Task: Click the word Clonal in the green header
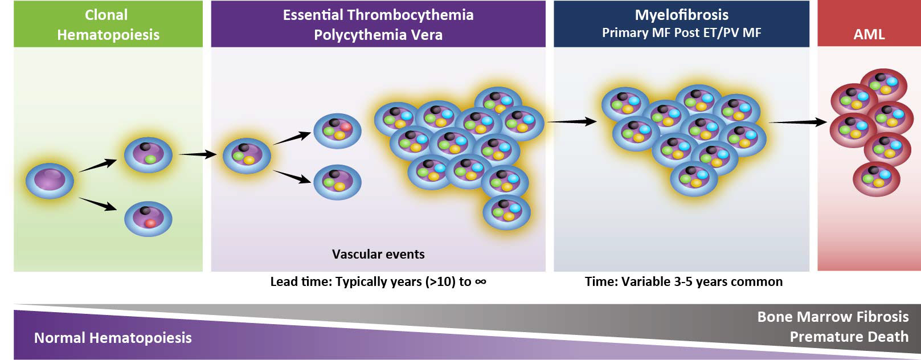[x=106, y=15]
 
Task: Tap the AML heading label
[x=869, y=34]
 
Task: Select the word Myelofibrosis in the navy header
[x=681, y=15]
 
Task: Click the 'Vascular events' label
[x=378, y=254]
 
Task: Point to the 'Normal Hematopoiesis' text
[x=113, y=338]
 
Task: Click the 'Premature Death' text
[x=849, y=337]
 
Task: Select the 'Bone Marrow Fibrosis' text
[x=833, y=317]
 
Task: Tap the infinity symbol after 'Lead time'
[x=480, y=281]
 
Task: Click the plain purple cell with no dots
[x=50, y=181]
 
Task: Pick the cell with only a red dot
[x=148, y=218]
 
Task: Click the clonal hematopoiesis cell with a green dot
[x=148, y=154]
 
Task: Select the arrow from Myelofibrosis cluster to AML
[x=797, y=122]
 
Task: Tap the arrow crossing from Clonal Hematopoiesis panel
[x=198, y=154]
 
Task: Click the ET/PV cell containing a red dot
[x=337, y=130]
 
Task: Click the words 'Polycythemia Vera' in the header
[x=378, y=35]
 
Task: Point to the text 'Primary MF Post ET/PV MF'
[x=681, y=33]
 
